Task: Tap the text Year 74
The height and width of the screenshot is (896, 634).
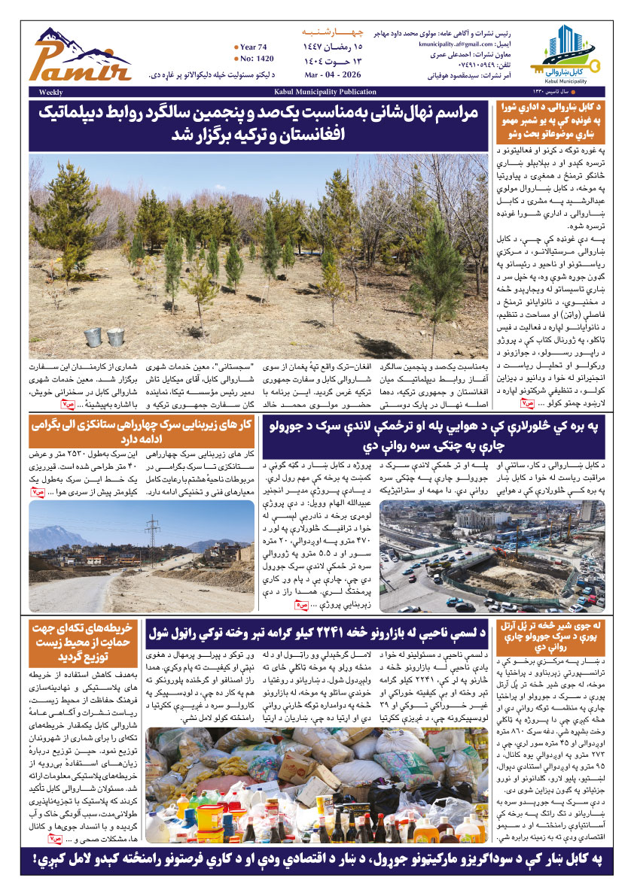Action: click(x=255, y=47)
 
